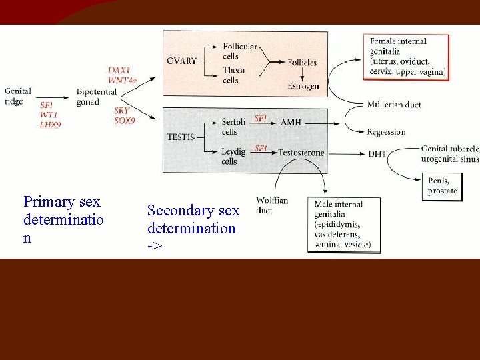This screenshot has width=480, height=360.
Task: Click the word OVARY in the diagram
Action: [x=181, y=61]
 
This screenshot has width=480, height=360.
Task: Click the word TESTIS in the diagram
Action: [x=181, y=137]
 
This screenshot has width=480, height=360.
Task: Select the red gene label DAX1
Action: [x=119, y=70]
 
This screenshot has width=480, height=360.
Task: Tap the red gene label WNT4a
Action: [x=122, y=80]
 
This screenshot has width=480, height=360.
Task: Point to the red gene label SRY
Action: [x=122, y=111]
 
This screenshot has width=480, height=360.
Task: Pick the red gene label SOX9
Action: [x=125, y=121]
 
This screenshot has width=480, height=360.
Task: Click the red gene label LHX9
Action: [x=50, y=125]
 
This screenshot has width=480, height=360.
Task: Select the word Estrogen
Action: [x=303, y=86]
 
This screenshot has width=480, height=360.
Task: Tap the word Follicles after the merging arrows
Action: [x=302, y=63]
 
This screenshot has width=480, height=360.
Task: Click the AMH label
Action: [x=291, y=122]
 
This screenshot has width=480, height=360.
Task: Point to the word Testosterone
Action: [x=301, y=153]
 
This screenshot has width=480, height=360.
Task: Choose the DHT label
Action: [x=377, y=153]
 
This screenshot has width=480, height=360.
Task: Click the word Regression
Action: [x=386, y=131]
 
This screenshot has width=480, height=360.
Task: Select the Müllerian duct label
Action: [x=393, y=104]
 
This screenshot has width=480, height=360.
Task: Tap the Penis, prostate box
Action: [x=443, y=185]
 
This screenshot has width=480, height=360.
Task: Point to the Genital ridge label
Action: [x=17, y=96]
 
